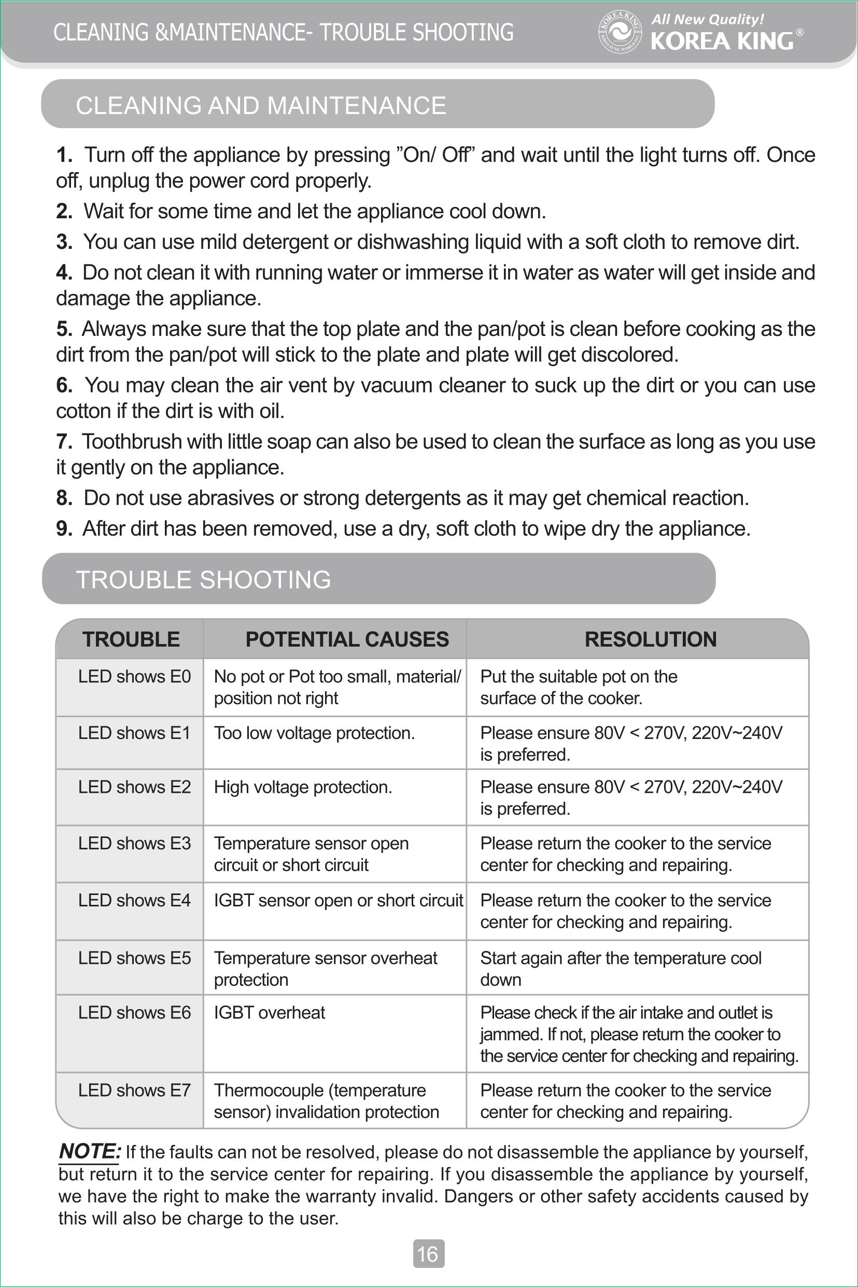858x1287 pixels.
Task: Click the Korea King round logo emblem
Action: point(620,32)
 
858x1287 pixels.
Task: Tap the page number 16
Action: point(428,1254)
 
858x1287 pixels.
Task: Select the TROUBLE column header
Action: point(131,639)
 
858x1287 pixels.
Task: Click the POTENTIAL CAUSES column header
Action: point(347,639)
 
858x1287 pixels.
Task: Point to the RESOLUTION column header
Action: point(650,639)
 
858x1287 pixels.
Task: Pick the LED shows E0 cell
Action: point(134,677)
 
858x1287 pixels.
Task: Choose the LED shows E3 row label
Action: point(134,843)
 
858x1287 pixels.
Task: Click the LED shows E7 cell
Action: point(134,1090)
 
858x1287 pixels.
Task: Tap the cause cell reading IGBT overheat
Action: point(269,1012)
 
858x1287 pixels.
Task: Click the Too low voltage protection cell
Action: point(314,733)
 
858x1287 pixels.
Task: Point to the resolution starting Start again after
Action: point(621,969)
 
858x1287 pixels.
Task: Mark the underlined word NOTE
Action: point(89,1151)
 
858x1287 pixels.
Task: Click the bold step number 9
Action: point(63,528)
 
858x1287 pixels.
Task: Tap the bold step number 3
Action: point(63,242)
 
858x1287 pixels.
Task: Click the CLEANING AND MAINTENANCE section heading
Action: point(261,105)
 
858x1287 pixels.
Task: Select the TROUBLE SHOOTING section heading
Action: point(203,580)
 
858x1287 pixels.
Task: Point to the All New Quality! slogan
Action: point(707,20)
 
